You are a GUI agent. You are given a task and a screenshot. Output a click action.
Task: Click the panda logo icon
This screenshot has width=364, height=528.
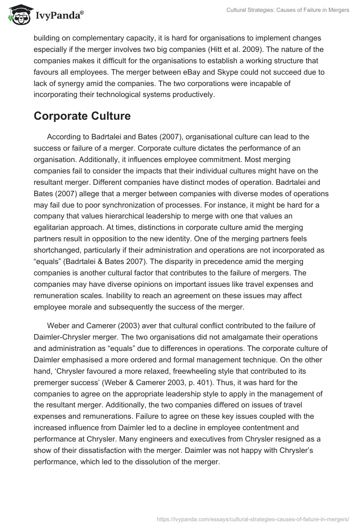tap(18, 15)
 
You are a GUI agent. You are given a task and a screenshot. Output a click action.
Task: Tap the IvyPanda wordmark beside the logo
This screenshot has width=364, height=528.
tap(60, 16)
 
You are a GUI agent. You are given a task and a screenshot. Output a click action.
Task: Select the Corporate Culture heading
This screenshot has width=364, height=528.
tap(82, 116)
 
